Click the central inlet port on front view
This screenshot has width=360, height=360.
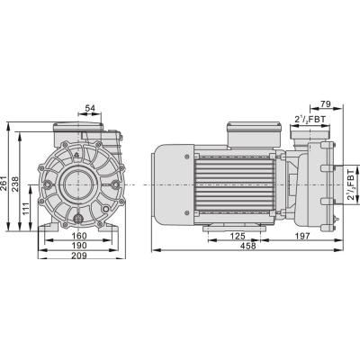coord(76,185)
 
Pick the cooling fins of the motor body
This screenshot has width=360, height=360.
coord(236,184)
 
